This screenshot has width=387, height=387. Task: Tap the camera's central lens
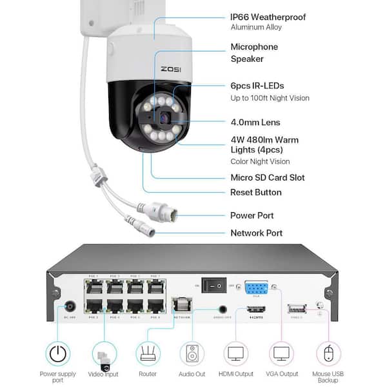coord(163,118)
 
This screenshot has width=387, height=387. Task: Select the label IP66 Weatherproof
coord(268,17)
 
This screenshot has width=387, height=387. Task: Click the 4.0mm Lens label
coord(255,122)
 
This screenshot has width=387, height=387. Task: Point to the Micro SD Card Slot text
coord(268,177)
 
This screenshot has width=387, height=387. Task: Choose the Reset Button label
coord(256,192)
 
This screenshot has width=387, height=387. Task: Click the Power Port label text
coord(252,215)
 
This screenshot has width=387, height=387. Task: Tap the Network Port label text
coord(257,233)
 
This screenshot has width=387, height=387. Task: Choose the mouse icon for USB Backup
coord(328,353)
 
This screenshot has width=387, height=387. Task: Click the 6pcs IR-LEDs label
coord(257,86)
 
